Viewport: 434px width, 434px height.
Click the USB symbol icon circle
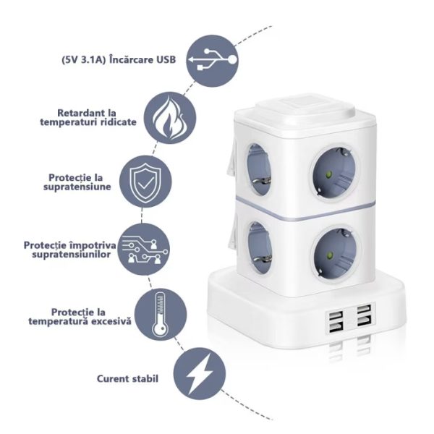click(x=212, y=61)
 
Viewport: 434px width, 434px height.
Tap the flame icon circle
click(x=170, y=118)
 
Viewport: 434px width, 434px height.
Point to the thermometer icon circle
click(x=161, y=315)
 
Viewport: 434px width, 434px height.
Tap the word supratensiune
click(x=77, y=187)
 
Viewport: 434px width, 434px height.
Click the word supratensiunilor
click(x=72, y=254)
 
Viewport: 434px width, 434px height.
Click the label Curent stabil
click(x=127, y=378)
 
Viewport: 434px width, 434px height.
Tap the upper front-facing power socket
click(x=335, y=172)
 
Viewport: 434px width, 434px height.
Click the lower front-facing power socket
click(x=335, y=254)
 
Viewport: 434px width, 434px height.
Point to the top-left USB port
click(x=336, y=315)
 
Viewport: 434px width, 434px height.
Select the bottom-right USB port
click(x=364, y=321)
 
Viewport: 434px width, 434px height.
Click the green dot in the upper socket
click(x=329, y=174)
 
